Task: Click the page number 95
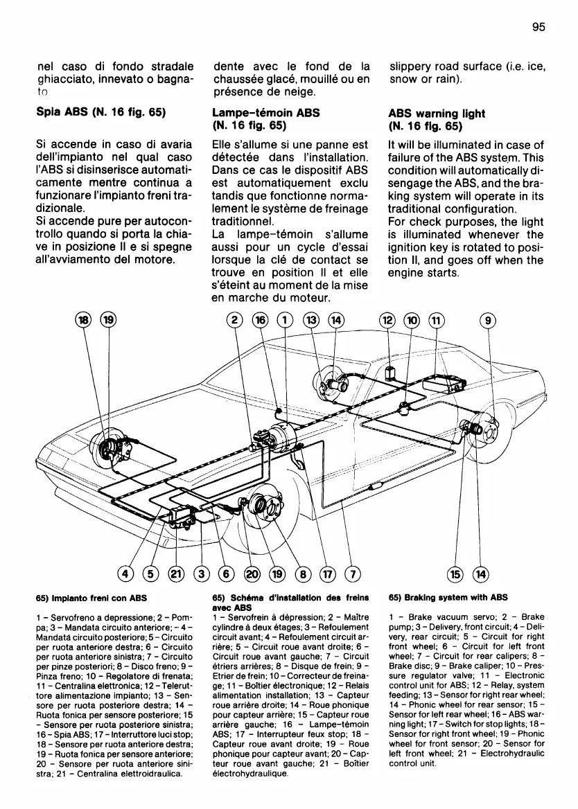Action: [x=540, y=27]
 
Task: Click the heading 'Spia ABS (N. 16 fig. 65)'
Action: [x=99, y=113]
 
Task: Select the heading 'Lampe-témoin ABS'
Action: [x=260, y=113]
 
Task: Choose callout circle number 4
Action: [x=126, y=574]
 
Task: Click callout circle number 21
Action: [x=177, y=574]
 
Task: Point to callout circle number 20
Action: [x=252, y=574]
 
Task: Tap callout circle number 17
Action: [x=328, y=574]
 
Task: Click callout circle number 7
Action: [x=353, y=574]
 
